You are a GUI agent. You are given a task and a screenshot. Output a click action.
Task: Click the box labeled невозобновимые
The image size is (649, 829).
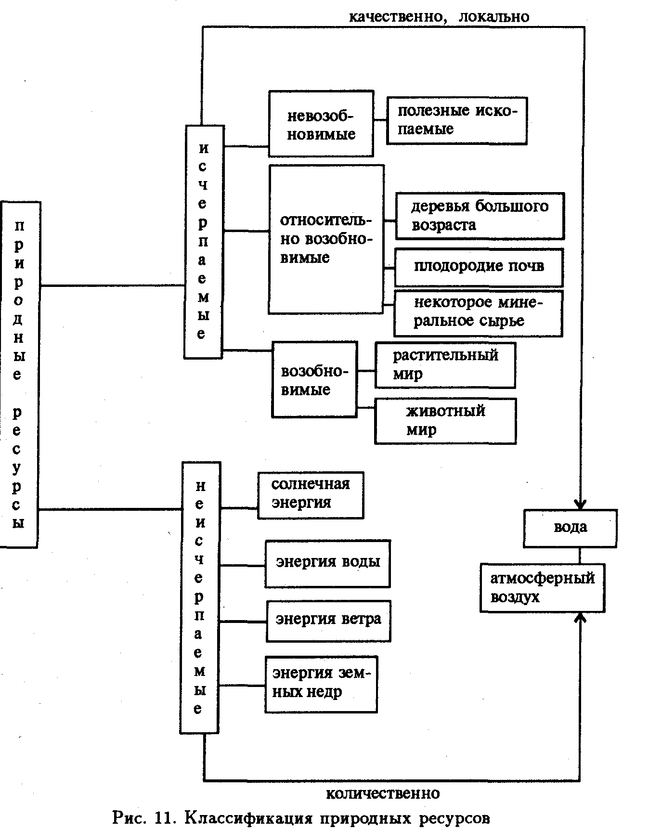tap(321, 124)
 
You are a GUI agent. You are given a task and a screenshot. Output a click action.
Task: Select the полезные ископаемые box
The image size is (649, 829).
tap(456, 120)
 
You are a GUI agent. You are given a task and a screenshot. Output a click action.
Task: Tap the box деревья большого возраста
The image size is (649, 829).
tap(480, 216)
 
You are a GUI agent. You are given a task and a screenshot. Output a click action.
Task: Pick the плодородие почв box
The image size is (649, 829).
tap(479, 267)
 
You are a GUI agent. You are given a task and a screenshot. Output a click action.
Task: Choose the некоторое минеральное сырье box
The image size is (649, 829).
tap(478, 312)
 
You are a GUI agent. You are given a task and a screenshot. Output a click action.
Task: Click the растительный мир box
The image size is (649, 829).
tap(445, 365)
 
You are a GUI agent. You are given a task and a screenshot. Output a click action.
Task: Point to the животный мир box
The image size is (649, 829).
tap(445, 421)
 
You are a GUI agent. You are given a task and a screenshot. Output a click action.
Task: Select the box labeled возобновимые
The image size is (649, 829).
tap(314, 379)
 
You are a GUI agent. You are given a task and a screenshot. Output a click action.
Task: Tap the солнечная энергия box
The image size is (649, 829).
tap(311, 495)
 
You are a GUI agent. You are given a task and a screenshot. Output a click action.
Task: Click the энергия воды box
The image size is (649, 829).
tap(327, 563)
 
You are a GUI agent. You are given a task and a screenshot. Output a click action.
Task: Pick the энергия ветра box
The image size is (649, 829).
tap(328, 621)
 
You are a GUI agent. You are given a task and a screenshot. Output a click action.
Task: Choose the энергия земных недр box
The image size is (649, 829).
tap(321, 684)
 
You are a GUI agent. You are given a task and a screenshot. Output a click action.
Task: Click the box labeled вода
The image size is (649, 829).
tap(570, 528)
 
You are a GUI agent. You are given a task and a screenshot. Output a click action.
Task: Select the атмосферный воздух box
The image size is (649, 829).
tap(542, 588)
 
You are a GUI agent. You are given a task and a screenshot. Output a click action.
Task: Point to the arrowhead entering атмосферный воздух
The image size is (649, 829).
tap(581, 617)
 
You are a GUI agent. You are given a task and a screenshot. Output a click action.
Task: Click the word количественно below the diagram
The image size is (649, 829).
tap(383, 793)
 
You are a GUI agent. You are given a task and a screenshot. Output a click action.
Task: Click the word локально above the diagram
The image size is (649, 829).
tap(494, 17)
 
